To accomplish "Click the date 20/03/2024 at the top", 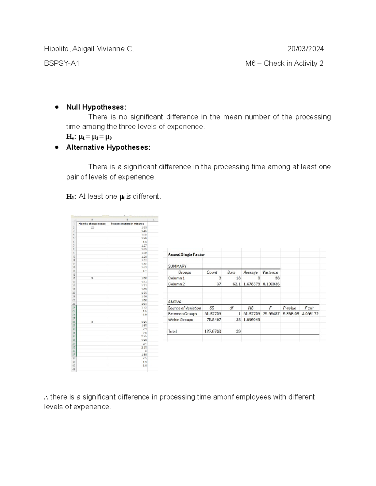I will point(305,49).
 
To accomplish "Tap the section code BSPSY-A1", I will point(62,64).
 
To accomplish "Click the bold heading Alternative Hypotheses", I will point(108,147).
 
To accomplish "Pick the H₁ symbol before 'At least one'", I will point(70,197).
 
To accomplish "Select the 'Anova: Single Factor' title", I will point(186,255).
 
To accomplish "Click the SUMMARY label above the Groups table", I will point(177,266).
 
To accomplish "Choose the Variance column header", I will point(270,273).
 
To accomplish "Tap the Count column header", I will point(212,273).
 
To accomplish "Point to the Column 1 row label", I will point(176,278).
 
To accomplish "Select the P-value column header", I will point(289,308).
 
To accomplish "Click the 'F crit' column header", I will point(309,308).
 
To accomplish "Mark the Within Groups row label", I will point(180,320).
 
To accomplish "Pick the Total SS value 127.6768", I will point(213,331).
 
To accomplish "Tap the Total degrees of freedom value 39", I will point(238,331).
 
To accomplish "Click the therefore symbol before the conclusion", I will point(46,397).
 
